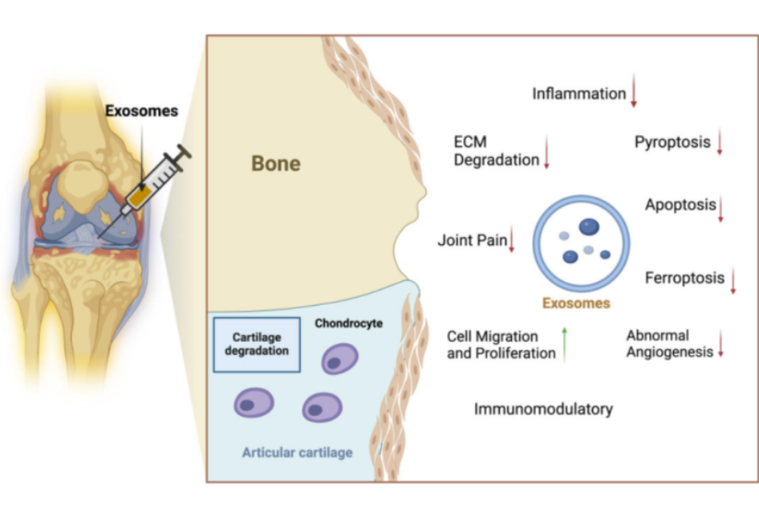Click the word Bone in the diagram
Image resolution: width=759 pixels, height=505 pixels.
(276, 164)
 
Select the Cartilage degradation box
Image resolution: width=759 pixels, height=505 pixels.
(257, 344)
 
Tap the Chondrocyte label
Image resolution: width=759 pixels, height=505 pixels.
(348, 324)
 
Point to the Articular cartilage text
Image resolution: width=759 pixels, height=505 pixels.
(297, 453)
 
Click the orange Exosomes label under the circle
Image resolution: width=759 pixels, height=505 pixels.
(576, 303)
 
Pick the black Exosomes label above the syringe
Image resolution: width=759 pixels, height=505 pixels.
(142, 111)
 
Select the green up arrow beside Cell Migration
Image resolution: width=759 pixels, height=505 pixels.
(565, 344)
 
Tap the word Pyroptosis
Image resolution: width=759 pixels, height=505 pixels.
(672, 142)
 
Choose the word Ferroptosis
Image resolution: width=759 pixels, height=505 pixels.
(684, 278)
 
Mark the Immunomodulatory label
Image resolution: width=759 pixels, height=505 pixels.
(543, 409)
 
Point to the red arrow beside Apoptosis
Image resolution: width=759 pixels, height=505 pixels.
(721, 208)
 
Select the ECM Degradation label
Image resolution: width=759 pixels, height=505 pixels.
(496, 151)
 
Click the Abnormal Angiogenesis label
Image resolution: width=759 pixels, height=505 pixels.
(669, 344)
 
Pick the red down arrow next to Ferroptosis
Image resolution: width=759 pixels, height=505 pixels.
(733, 281)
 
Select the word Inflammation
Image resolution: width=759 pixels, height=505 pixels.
(578, 94)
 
